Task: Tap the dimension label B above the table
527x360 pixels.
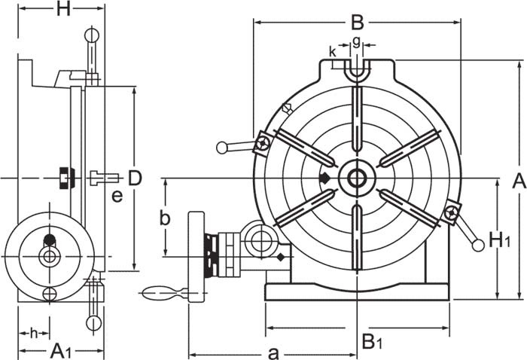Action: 357,20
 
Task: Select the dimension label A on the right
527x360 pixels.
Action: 518,180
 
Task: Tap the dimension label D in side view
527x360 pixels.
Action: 135,178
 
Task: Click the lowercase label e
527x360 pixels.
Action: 117,197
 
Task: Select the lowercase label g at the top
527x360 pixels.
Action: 356,41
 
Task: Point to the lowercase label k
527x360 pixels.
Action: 333,51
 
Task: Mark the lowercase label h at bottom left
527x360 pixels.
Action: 34,332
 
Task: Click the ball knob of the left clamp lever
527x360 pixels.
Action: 222,148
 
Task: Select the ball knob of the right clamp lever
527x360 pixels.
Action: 477,245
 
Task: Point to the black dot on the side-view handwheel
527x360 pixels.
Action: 50,240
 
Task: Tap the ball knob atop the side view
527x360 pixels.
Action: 91,34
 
